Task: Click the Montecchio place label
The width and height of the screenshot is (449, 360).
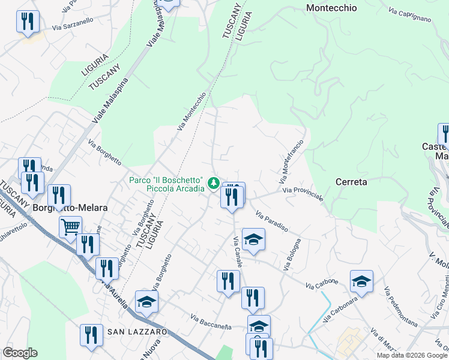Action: point(331,8)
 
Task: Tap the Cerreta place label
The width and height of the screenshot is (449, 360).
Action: point(351,181)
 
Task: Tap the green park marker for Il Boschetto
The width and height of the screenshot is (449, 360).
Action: point(212,182)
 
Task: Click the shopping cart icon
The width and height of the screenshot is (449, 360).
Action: point(70,227)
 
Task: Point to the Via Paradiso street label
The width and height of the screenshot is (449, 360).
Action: point(272,221)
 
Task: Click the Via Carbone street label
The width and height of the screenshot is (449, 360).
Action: point(322,283)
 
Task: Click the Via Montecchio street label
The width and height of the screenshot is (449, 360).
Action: point(191,111)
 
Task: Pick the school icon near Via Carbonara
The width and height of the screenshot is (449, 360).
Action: point(361,280)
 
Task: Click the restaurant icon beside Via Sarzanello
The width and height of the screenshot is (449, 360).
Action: point(28,22)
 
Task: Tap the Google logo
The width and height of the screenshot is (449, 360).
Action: point(19,353)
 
